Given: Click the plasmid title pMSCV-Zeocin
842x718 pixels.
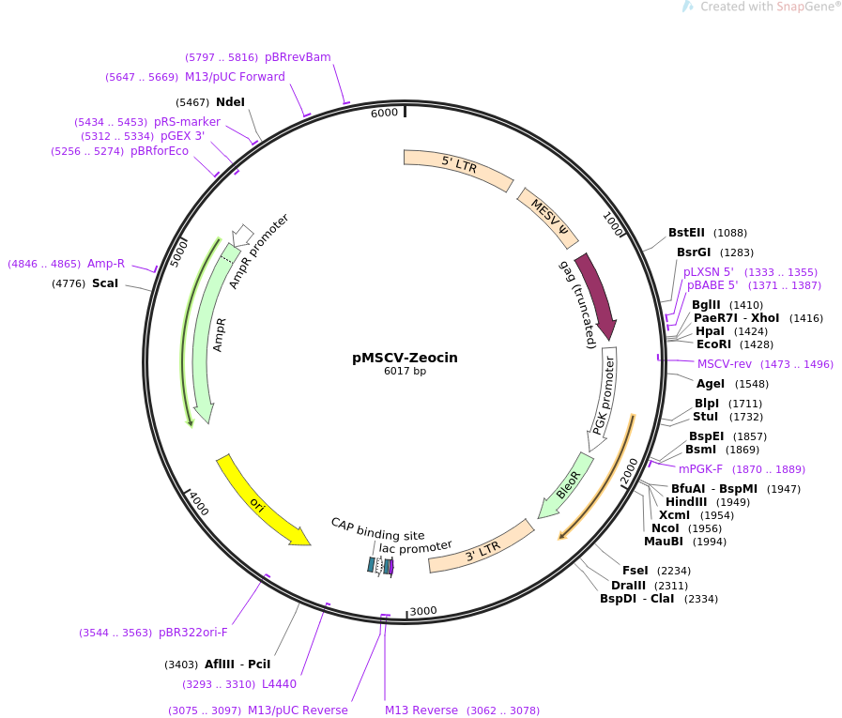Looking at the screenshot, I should (x=405, y=358).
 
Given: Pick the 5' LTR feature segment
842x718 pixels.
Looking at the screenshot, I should (x=458, y=168).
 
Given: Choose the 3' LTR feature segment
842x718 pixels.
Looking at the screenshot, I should (x=481, y=554).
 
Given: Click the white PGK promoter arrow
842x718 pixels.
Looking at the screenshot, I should (x=605, y=394).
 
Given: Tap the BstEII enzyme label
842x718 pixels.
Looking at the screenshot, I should (x=686, y=233).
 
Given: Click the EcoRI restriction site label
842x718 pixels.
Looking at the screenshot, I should (x=713, y=344).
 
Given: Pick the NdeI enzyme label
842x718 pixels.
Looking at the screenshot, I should (x=230, y=101).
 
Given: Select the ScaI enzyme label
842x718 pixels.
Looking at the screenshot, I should (x=105, y=283).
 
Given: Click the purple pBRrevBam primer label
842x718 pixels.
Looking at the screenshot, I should (x=298, y=57).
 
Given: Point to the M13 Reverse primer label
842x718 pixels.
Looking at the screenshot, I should (x=421, y=710).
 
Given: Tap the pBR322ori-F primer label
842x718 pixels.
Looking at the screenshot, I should (x=193, y=633).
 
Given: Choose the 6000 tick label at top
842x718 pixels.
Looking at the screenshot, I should (x=384, y=114).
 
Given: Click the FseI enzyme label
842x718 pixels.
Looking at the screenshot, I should (x=635, y=571).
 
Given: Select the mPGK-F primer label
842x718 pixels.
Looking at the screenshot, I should (x=701, y=469).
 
